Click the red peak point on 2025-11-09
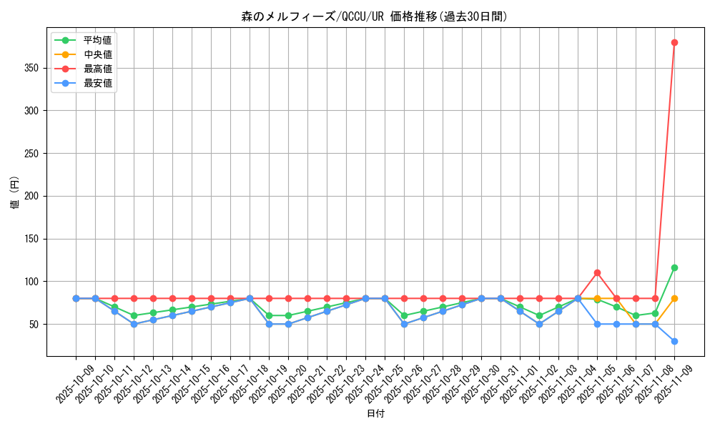click(674, 42)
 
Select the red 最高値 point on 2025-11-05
click(597, 272)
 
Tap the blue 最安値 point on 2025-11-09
click(674, 341)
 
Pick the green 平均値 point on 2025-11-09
click(674, 267)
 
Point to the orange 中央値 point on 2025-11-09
click(674, 298)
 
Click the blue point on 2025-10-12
click(134, 324)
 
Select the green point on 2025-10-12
click(134, 315)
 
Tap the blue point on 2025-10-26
click(404, 324)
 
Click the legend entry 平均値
click(97, 40)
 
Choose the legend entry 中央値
click(97, 54)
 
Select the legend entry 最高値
click(97, 69)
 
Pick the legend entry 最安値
click(97, 83)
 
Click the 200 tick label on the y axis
click(34, 196)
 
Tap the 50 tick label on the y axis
click(36, 324)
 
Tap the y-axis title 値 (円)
click(15, 193)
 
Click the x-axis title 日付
click(375, 414)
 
